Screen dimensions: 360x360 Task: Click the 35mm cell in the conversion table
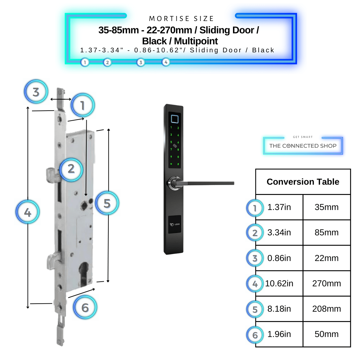pos(326,207)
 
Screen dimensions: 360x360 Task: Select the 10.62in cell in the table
pos(279,284)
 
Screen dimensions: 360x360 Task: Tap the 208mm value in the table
pos(326,309)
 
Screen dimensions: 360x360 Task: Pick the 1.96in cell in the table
pos(279,334)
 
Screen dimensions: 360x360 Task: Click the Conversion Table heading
pos(303,182)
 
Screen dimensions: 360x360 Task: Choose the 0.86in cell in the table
pos(279,258)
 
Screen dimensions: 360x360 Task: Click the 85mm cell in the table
pos(326,233)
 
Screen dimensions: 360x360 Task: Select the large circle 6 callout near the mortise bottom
pos(85,307)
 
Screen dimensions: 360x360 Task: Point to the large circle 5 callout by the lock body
pos(107,203)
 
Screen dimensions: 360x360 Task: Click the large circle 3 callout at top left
pos(36,92)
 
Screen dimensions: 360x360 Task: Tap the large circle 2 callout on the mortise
pos(71,169)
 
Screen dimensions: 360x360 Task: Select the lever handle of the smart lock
pos(207,183)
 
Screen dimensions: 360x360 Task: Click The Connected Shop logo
pos(303,146)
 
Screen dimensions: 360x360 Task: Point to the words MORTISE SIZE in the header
pos(181,19)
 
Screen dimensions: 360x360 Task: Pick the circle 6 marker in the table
pos(255,335)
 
